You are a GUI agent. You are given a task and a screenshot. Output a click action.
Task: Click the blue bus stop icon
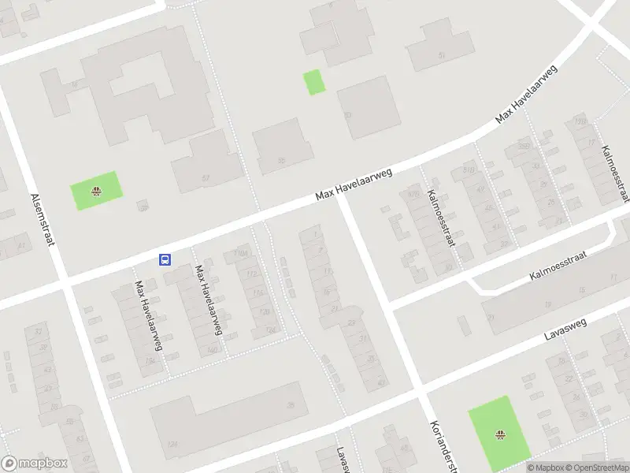point(165,259)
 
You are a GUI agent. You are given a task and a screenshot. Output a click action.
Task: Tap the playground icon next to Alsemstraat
point(96,190)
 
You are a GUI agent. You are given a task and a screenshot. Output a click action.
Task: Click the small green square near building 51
point(314,82)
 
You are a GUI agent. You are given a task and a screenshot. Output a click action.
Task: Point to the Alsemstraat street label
point(43,220)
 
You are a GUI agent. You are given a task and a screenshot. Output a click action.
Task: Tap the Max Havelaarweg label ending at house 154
point(149,315)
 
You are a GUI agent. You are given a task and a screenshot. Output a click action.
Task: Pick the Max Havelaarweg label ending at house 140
point(209,300)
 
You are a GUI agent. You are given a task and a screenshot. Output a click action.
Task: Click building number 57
point(206,178)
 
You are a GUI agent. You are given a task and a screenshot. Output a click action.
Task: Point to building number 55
point(281,160)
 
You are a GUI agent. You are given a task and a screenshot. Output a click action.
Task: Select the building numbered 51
point(442,54)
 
